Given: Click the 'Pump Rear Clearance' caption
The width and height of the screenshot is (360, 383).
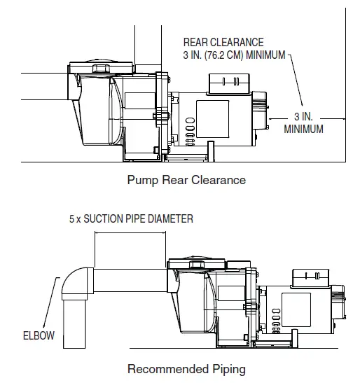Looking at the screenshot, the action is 186,180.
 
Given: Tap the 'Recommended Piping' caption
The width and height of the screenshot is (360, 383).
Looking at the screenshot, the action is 186,369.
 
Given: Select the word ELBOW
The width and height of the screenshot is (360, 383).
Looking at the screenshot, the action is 39,335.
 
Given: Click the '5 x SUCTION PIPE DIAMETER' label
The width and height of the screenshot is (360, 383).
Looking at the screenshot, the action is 131,218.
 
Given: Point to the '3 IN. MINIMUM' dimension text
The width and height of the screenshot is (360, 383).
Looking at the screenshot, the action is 303,123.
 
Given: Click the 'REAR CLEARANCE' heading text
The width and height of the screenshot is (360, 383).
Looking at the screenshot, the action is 223,42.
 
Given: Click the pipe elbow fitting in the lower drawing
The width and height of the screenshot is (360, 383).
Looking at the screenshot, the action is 78,284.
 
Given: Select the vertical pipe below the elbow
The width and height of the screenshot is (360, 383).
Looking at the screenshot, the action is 74,324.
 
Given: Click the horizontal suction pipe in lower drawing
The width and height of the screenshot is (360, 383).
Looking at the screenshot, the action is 130,280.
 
